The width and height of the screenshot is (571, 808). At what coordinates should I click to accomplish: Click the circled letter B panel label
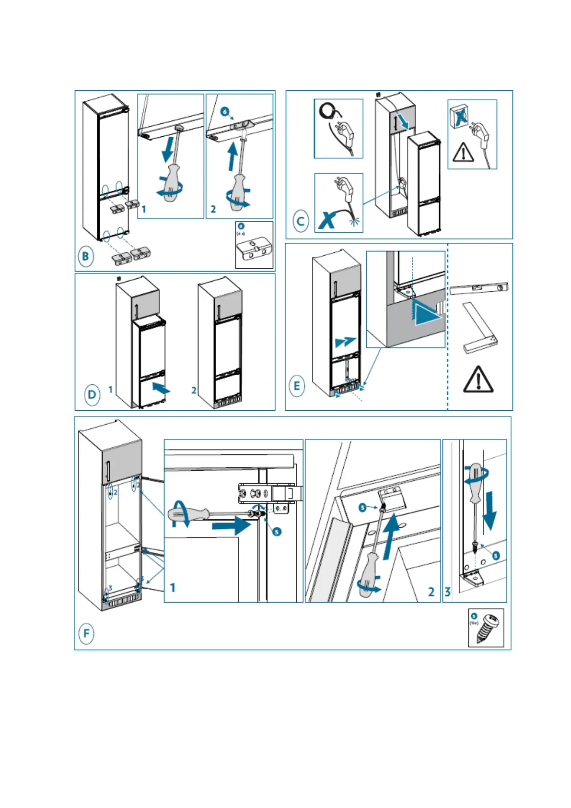[x=85, y=256]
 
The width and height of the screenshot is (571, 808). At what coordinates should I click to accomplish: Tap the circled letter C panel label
[x=301, y=222]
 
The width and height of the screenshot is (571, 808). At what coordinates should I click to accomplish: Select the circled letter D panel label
[x=92, y=395]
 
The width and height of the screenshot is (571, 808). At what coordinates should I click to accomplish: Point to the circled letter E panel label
[x=297, y=386]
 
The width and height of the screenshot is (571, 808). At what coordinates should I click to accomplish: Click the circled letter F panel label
[x=86, y=633]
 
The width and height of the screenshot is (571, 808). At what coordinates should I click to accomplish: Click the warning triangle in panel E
[x=478, y=380]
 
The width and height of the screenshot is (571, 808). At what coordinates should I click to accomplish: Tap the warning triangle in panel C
[x=463, y=152]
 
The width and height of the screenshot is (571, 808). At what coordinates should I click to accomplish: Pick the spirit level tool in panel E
[x=478, y=288]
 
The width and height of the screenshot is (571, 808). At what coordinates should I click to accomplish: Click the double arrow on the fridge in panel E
[x=345, y=342]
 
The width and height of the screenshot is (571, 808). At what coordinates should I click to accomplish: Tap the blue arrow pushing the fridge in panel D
[x=161, y=388]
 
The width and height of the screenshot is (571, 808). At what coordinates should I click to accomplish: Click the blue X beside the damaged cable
[x=327, y=221]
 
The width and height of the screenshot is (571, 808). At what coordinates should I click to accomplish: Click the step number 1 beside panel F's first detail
[x=173, y=587]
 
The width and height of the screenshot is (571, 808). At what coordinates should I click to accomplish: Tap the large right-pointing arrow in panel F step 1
[x=231, y=526]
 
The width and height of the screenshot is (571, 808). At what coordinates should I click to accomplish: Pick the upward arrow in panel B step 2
[x=233, y=156]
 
